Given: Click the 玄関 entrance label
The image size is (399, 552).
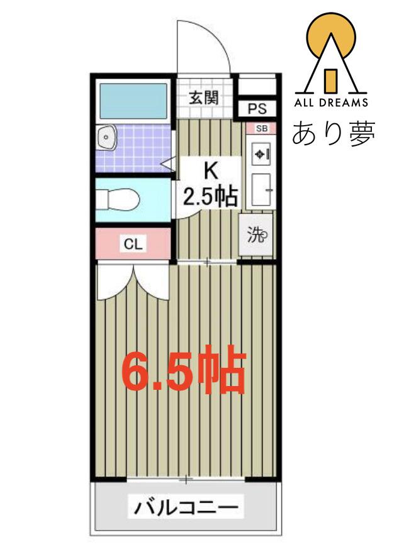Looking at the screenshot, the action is pyautogui.click(x=204, y=98).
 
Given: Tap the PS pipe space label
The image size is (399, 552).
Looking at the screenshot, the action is pyautogui.click(x=257, y=109).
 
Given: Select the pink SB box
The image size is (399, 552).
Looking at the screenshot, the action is pyautogui.click(x=261, y=128).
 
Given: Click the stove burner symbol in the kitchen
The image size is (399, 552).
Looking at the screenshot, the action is pyautogui.click(x=261, y=154).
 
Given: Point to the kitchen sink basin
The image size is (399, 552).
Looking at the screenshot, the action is pyautogui.click(x=261, y=189).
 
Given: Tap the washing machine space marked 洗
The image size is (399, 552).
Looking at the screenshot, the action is pyautogui.click(x=256, y=235).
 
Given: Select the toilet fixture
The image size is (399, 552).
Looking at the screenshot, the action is pyautogui.click(x=118, y=199).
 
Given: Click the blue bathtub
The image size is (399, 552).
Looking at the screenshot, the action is pyautogui.click(x=133, y=101).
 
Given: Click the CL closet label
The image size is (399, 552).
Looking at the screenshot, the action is pyautogui.click(x=133, y=243).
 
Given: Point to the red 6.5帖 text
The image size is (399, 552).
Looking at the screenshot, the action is pyautogui.click(x=183, y=370).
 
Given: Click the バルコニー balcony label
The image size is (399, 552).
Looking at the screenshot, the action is pyautogui.click(x=186, y=507).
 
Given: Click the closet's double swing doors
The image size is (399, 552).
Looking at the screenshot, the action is pyautogui.click(x=133, y=282).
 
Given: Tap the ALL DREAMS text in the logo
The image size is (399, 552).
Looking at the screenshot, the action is pyautogui.click(x=331, y=102).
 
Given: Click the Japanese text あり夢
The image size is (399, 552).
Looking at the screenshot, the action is pyautogui.click(x=334, y=133).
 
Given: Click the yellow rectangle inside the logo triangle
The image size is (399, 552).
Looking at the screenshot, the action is pyautogui.click(x=331, y=81).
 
